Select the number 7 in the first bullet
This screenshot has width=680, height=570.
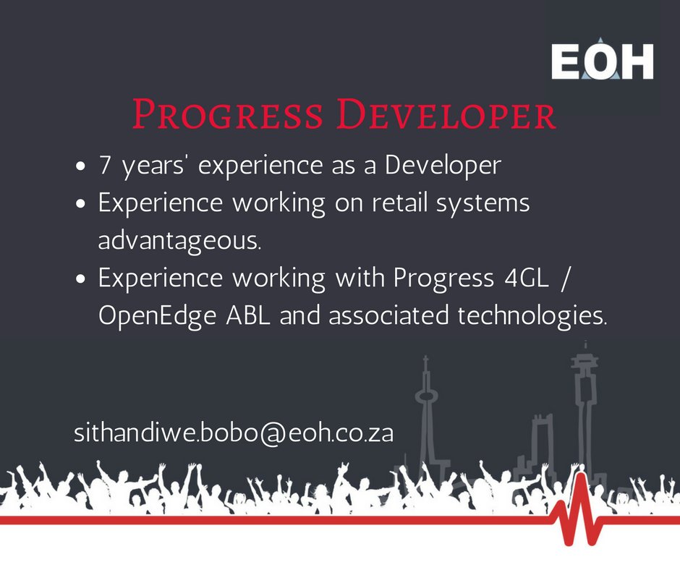point(105,166)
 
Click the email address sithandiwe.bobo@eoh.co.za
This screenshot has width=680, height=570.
point(234,435)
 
